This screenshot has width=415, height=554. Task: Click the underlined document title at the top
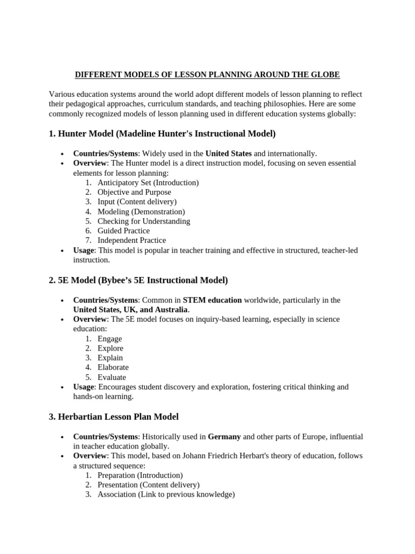[207, 74]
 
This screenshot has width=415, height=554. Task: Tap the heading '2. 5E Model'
[138, 280]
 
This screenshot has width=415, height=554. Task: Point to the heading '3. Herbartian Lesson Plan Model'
[113, 417]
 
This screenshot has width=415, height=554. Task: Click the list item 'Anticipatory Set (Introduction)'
[148, 183]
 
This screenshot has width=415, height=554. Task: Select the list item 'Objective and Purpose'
[134, 192]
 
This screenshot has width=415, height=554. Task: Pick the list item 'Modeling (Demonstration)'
[141, 212]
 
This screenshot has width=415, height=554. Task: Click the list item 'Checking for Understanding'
[144, 221]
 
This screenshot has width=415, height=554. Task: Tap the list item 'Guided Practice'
[124, 230]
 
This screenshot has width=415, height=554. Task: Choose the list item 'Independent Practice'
[132, 240]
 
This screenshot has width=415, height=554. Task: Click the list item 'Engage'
[110, 339]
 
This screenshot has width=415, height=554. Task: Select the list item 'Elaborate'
[113, 367]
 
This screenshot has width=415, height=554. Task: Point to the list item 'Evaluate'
[111, 377]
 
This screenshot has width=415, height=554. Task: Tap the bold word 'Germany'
[224, 437]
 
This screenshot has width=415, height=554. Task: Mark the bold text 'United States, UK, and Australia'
[131, 309]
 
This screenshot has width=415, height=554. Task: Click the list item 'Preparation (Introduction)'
[140, 475]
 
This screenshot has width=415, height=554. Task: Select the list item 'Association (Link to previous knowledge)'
[166, 494]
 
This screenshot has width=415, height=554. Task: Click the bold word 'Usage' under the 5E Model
[84, 387]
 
